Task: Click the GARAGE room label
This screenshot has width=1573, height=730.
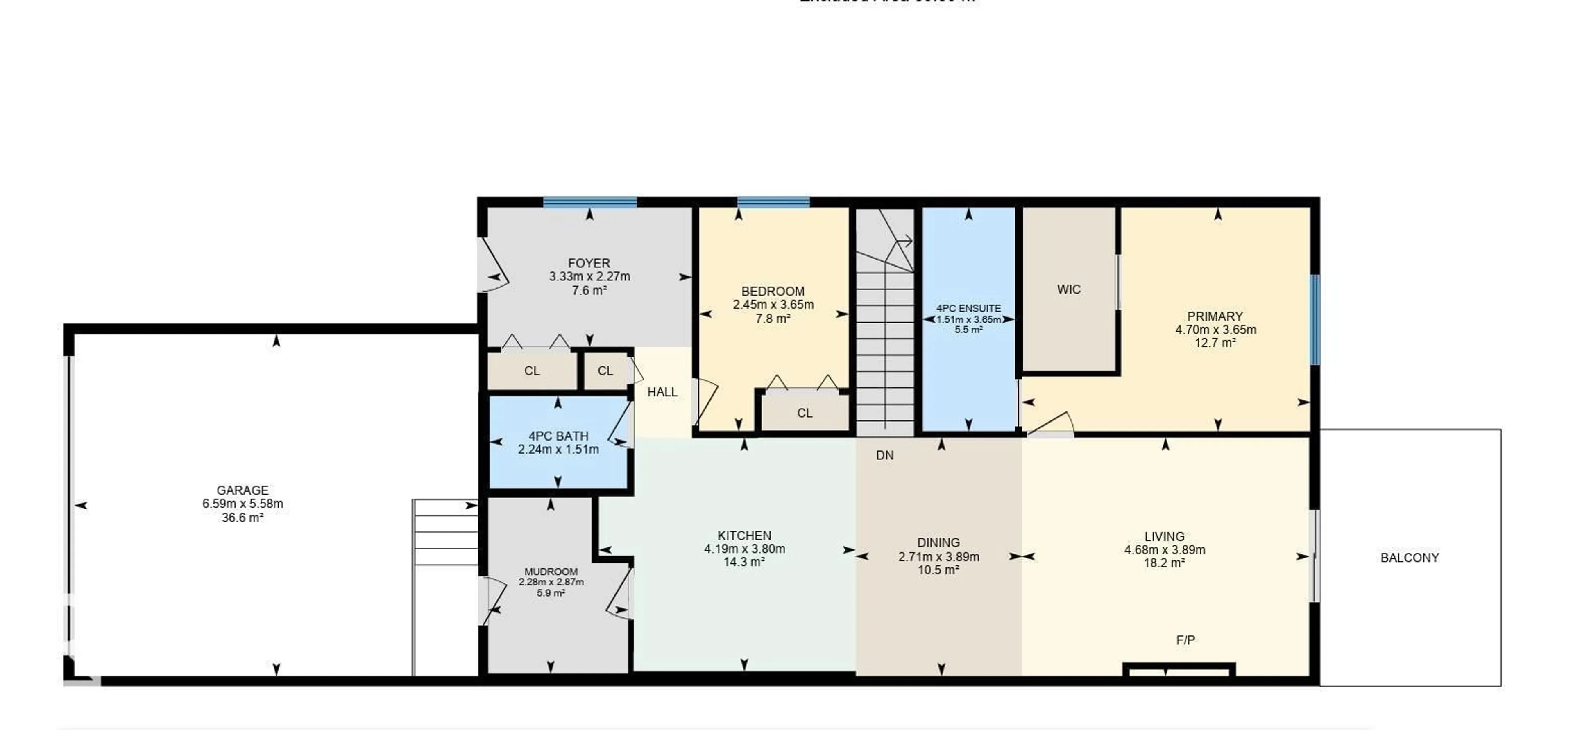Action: coord(243,490)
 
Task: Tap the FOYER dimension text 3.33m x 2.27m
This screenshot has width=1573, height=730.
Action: coord(589,276)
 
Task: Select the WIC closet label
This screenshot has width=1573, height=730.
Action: coord(1069,289)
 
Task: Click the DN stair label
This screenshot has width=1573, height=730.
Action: coord(885,455)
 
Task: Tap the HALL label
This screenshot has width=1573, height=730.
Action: coord(662,392)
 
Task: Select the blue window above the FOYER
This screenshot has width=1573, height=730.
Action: coord(590,202)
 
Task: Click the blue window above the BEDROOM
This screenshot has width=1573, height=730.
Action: coord(773,202)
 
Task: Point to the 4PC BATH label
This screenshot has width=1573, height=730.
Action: coord(558,436)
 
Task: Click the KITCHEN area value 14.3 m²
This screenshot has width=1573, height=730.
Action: coord(744,562)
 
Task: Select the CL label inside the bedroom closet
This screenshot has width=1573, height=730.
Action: coord(804,413)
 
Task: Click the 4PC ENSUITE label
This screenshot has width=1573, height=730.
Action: coord(968,309)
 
